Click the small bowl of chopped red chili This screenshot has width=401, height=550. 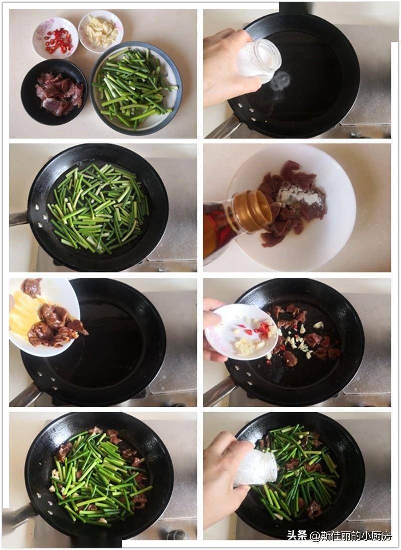[x=55, y=38]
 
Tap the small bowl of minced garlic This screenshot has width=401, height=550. [x=101, y=31]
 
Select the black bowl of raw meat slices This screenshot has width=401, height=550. [x=54, y=92]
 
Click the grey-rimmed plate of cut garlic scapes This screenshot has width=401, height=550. [x=136, y=88]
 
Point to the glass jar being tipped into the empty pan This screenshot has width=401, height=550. [x=259, y=61]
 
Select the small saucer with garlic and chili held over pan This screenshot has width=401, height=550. [x=241, y=332]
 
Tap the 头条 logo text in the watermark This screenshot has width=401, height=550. [x=297, y=535]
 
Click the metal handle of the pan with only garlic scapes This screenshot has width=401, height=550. [x=18, y=219]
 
